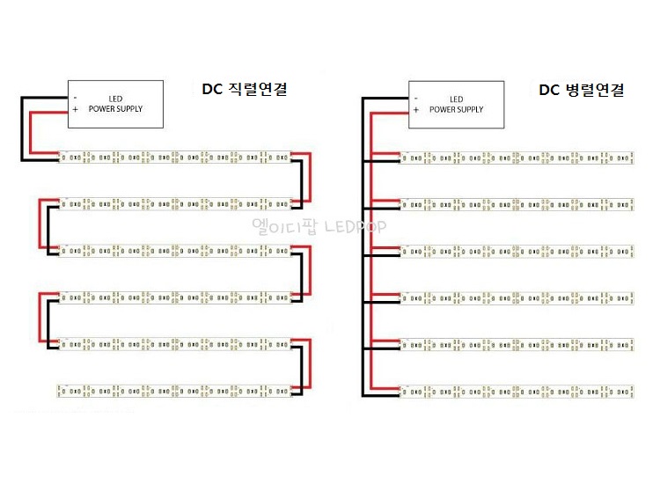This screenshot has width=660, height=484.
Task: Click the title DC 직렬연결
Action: (x=245, y=89)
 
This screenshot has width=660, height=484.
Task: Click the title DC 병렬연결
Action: (x=582, y=89)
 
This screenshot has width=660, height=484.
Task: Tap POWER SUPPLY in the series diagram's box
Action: (x=115, y=109)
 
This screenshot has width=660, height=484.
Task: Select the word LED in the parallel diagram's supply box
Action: (x=456, y=99)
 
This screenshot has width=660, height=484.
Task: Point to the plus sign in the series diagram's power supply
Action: (x=76, y=109)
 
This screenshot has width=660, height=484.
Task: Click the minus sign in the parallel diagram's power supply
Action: (x=416, y=99)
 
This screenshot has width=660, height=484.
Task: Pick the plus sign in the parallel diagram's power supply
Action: (x=416, y=110)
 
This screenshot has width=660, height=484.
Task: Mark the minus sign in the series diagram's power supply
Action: (x=76, y=98)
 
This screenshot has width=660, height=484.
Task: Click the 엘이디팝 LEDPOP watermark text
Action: (x=319, y=226)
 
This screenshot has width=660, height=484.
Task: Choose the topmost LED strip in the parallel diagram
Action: (x=517, y=158)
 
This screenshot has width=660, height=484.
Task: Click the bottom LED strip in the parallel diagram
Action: (x=517, y=387)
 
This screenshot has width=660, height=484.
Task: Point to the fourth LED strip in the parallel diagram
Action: (x=517, y=297)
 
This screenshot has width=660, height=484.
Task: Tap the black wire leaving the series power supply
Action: (x=22, y=128)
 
